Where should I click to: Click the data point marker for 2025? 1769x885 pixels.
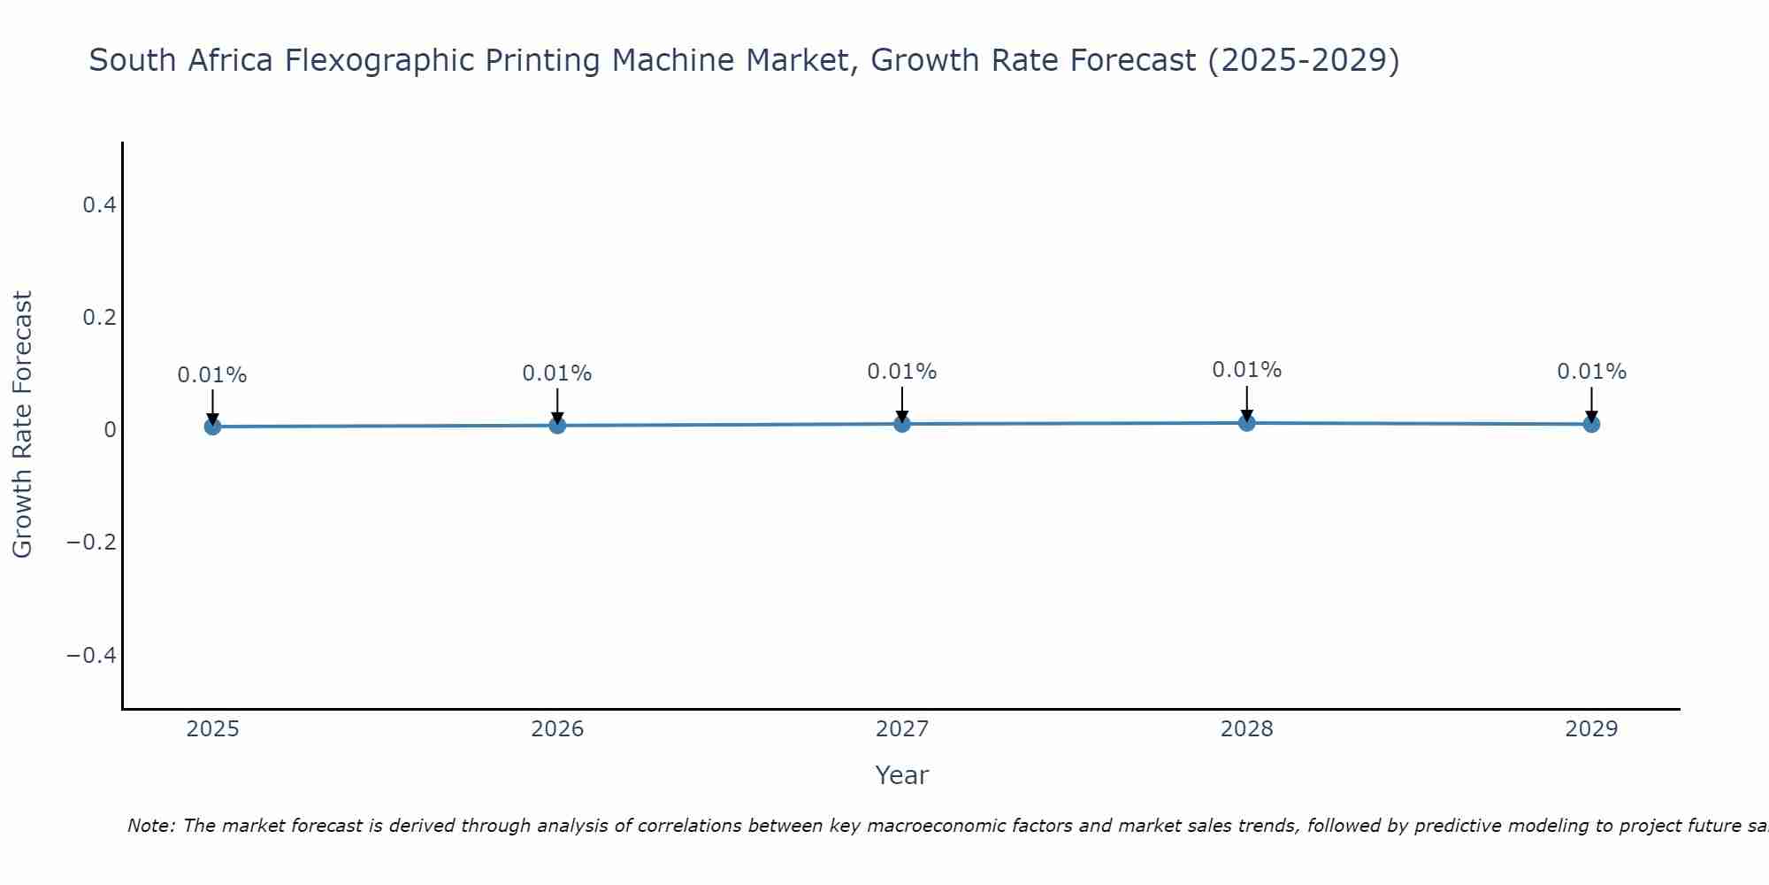tap(212, 427)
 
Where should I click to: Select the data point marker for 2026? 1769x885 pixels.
tap(557, 426)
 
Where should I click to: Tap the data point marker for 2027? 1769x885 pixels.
tap(902, 424)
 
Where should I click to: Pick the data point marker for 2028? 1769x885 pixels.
tap(1247, 423)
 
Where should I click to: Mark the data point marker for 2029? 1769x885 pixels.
tap(1591, 424)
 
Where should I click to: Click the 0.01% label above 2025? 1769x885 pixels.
tap(212, 375)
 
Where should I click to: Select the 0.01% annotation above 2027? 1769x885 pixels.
tap(902, 372)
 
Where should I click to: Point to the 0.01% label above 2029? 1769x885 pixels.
tap(1591, 372)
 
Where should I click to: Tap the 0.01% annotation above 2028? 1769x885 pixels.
tap(1247, 370)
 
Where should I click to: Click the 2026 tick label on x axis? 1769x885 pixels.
tap(557, 729)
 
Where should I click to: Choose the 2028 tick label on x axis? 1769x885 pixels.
tap(1247, 729)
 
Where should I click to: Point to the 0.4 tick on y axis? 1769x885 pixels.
tap(99, 205)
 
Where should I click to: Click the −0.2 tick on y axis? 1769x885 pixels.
tap(92, 542)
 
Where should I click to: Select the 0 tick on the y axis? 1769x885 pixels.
tap(111, 430)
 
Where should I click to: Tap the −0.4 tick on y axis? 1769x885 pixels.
tap(92, 655)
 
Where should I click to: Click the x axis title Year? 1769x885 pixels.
tap(901, 776)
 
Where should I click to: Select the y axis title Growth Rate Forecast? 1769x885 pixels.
tap(23, 425)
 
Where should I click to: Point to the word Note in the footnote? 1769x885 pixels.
tap(151, 827)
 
